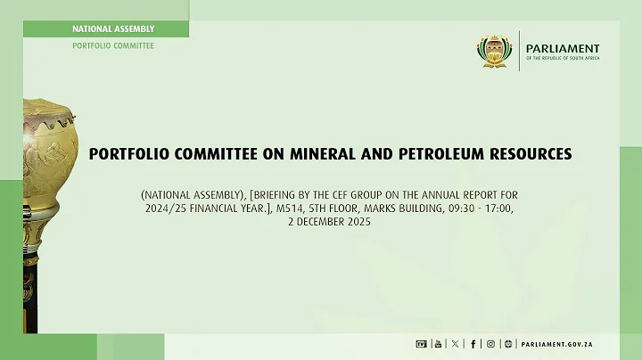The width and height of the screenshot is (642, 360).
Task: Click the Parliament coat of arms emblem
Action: click(x=496, y=52)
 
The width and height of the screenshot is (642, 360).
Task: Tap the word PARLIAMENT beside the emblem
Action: click(x=563, y=48)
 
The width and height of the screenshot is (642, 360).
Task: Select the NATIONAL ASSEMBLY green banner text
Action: click(x=112, y=29)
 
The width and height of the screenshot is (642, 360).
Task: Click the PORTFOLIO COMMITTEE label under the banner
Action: click(x=112, y=45)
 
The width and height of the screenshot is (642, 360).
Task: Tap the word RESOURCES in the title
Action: click(x=532, y=154)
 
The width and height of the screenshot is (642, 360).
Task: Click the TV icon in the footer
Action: click(x=421, y=344)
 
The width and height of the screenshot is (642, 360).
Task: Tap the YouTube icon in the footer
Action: click(x=437, y=344)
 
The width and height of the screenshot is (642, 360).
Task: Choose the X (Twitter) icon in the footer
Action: click(x=455, y=344)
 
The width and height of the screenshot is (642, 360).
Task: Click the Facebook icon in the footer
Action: click(x=473, y=344)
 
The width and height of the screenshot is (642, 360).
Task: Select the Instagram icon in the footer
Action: click(x=490, y=344)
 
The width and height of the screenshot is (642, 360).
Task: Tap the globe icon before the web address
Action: click(x=508, y=344)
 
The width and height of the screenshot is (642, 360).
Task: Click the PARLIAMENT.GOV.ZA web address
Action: click(x=556, y=344)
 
